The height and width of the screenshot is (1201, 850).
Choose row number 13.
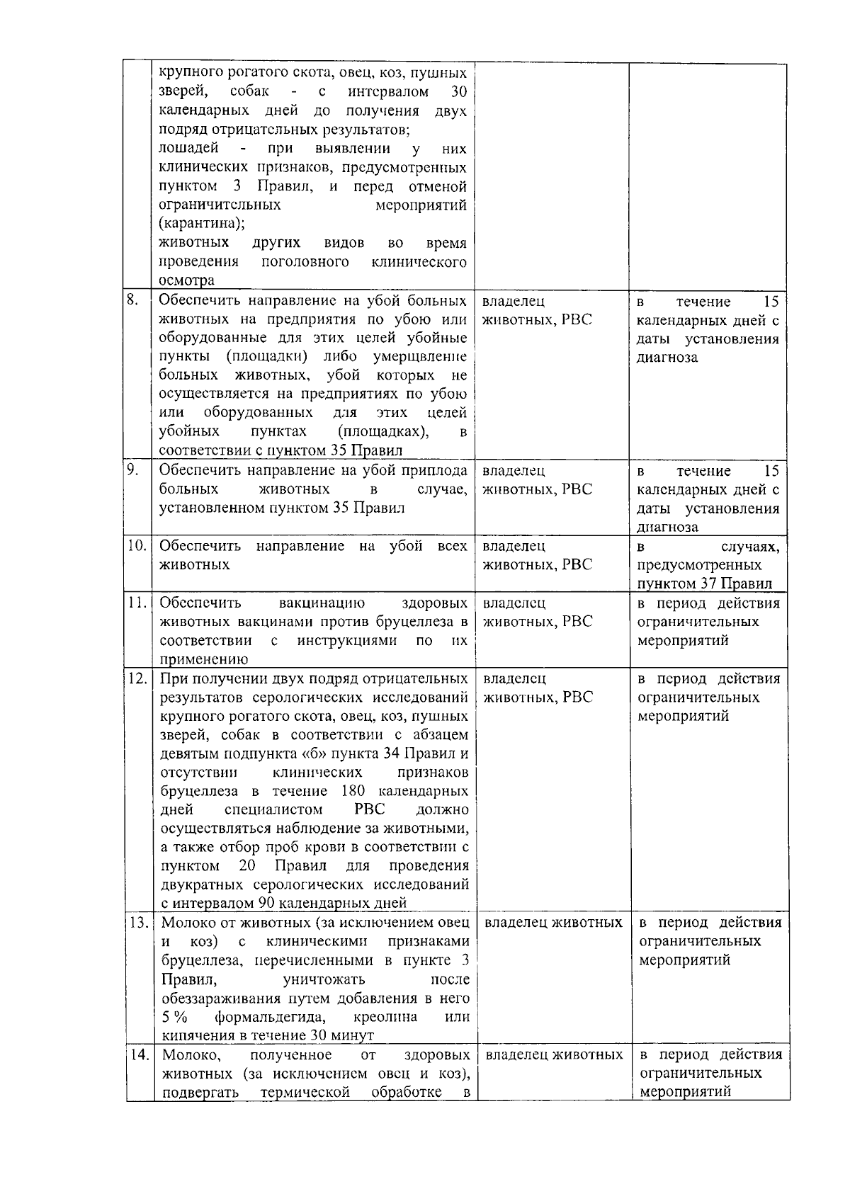(139, 923)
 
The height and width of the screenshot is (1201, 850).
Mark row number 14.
(139, 1054)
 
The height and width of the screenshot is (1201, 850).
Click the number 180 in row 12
(352, 791)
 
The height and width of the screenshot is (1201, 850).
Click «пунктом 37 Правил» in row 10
(704, 584)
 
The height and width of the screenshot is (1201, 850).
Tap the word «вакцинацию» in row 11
(322, 603)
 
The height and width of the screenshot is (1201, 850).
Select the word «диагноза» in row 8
(667, 358)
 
